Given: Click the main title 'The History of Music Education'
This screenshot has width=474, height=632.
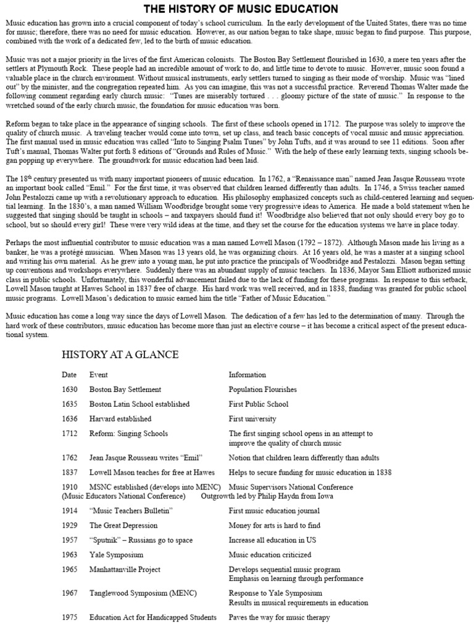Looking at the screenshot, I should click(x=241, y=9).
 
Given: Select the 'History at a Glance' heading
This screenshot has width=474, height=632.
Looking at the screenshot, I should click(x=120, y=354).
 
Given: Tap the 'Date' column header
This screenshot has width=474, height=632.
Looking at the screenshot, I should click(x=69, y=375).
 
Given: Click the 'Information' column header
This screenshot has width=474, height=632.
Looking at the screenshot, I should click(x=247, y=375).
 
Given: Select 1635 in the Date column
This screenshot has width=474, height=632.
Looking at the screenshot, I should click(x=70, y=404).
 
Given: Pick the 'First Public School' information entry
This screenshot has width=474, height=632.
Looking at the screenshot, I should click(x=258, y=404).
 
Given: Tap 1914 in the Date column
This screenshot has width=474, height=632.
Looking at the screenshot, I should click(x=70, y=510).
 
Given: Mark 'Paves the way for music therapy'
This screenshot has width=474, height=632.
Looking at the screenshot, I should click(x=279, y=617).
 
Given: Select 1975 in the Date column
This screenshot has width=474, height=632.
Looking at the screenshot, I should click(x=70, y=617).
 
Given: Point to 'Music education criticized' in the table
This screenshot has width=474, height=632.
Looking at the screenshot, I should click(x=270, y=555).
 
